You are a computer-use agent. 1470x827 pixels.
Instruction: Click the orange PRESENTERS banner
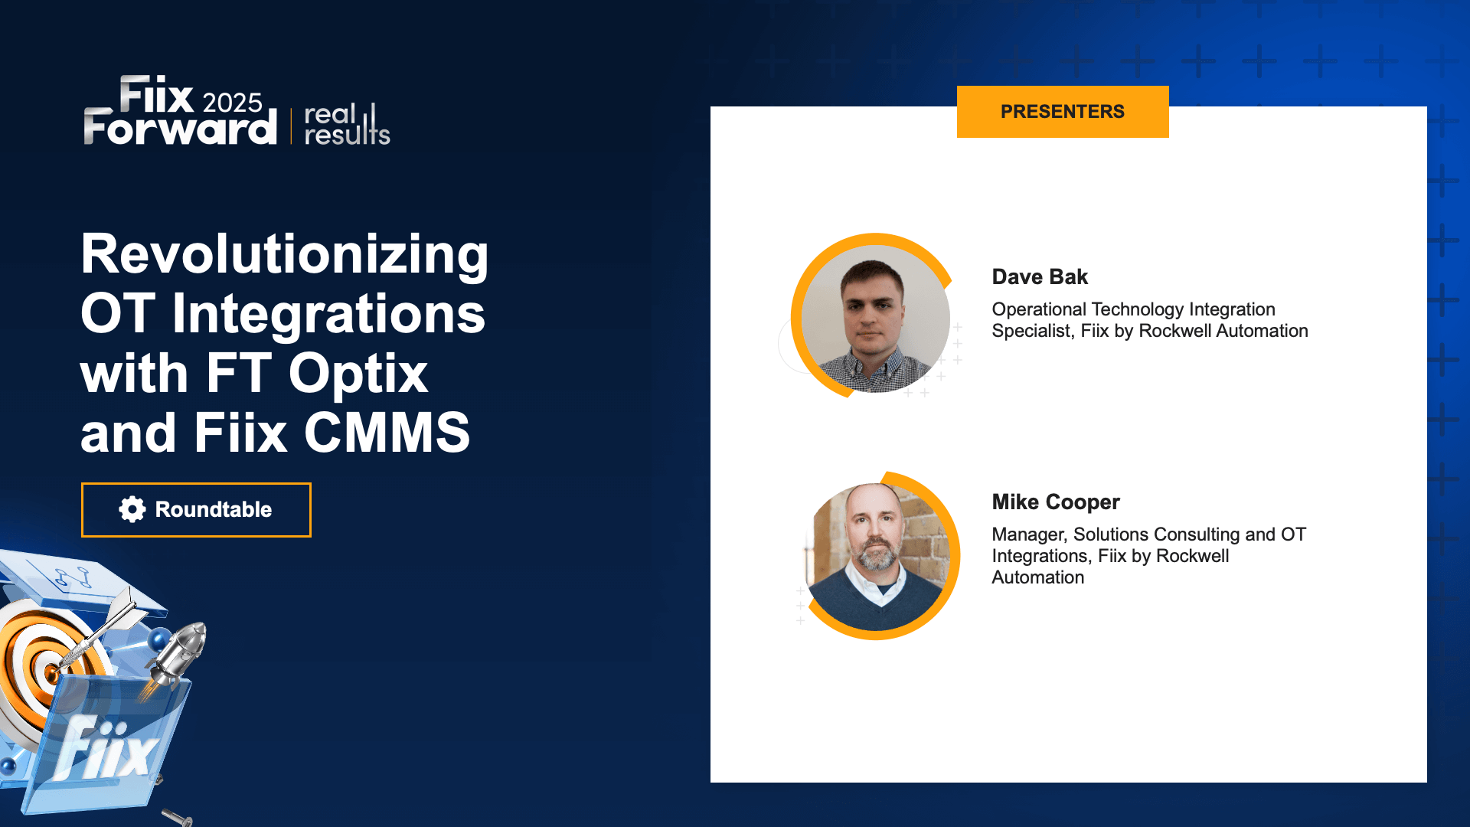click(1062, 112)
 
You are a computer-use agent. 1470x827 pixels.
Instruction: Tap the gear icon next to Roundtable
click(132, 509)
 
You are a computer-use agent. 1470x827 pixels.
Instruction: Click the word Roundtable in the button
click(213, 509)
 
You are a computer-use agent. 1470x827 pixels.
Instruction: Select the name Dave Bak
click(1039, 276)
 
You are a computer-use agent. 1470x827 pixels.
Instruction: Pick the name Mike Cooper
click(1055, 502)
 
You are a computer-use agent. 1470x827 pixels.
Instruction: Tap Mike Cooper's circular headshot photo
click(878, 557)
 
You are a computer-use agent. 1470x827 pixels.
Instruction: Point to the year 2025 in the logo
click(232, 103)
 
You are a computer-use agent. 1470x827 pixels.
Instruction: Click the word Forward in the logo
click(180, 128)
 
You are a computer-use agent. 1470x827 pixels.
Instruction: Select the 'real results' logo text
click(346, 125)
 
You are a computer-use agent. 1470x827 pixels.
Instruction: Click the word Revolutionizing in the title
click(284, 254)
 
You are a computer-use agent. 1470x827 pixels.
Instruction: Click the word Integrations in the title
click(328, 314)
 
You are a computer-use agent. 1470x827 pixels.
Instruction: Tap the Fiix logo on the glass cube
click(107, 750)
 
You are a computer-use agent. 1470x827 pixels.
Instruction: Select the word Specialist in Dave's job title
click(1031, 331)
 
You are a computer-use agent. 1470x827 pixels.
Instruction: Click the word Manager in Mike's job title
click(1027, 534)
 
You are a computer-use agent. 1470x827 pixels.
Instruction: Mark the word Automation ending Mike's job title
click(1037, 577)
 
